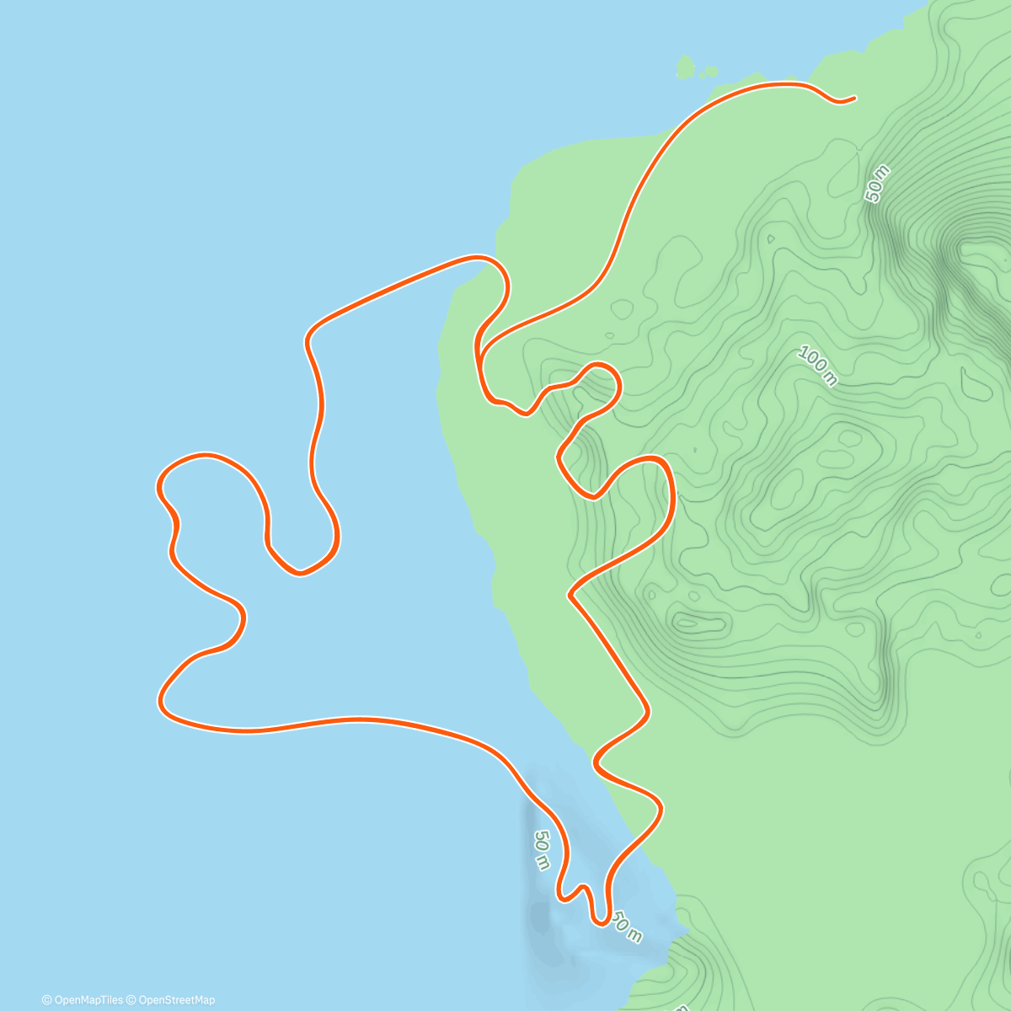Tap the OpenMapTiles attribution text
88,1000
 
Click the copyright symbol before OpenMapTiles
47,1000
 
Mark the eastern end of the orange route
854,98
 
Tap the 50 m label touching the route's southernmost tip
626,926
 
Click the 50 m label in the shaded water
541,850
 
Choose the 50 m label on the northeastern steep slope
877,184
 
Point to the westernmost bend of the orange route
159,486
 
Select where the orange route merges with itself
478,354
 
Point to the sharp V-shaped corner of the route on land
570,595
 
